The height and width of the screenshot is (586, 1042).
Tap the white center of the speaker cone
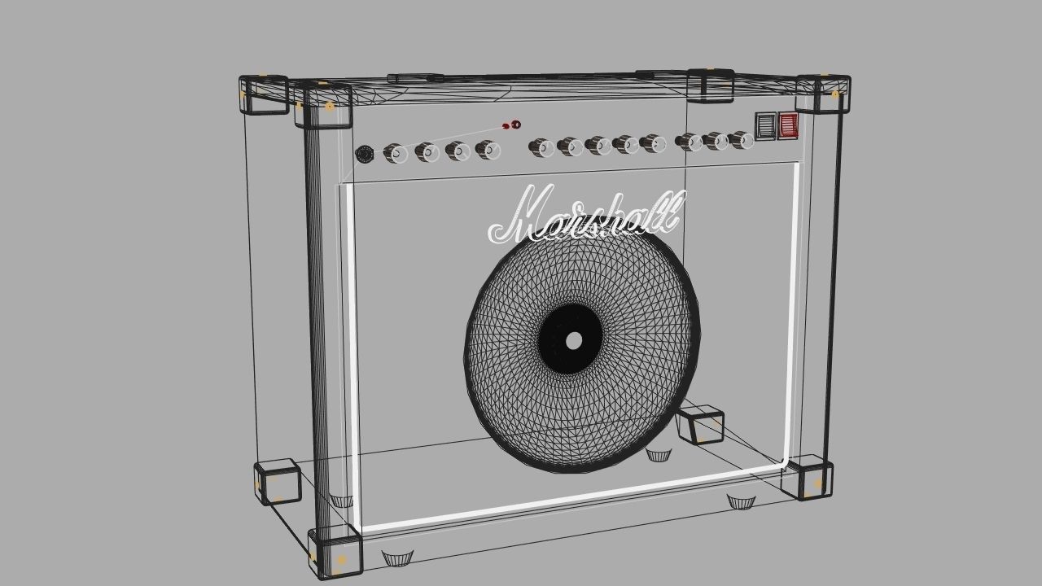click(x=574, y=340)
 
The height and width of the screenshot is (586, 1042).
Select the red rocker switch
click(x=787, y=125)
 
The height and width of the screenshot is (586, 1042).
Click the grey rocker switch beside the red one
click(x=765, y=125)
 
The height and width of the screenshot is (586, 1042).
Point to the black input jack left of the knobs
click(x=365, y=154)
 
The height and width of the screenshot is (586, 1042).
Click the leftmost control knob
click(x=395, y=153)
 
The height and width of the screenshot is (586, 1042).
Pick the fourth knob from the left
click(x=487, y=150)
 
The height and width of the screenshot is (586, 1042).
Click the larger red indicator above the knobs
click(x=514, y=125)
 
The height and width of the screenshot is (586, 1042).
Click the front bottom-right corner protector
click(x=808, y=478)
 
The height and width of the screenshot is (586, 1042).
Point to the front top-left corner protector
click(x=323, y=105)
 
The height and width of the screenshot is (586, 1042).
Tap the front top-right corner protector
click(x=823, y=94)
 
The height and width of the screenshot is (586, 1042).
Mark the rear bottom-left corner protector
click(x=278, y=482)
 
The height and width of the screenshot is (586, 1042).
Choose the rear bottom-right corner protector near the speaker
click(x=700, y=423)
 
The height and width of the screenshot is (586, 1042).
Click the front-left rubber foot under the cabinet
click(x=397, y=558)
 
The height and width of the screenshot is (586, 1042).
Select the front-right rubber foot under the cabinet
click(x=741, y=501)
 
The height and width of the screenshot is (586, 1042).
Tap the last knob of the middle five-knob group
click(x=653, y=144)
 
